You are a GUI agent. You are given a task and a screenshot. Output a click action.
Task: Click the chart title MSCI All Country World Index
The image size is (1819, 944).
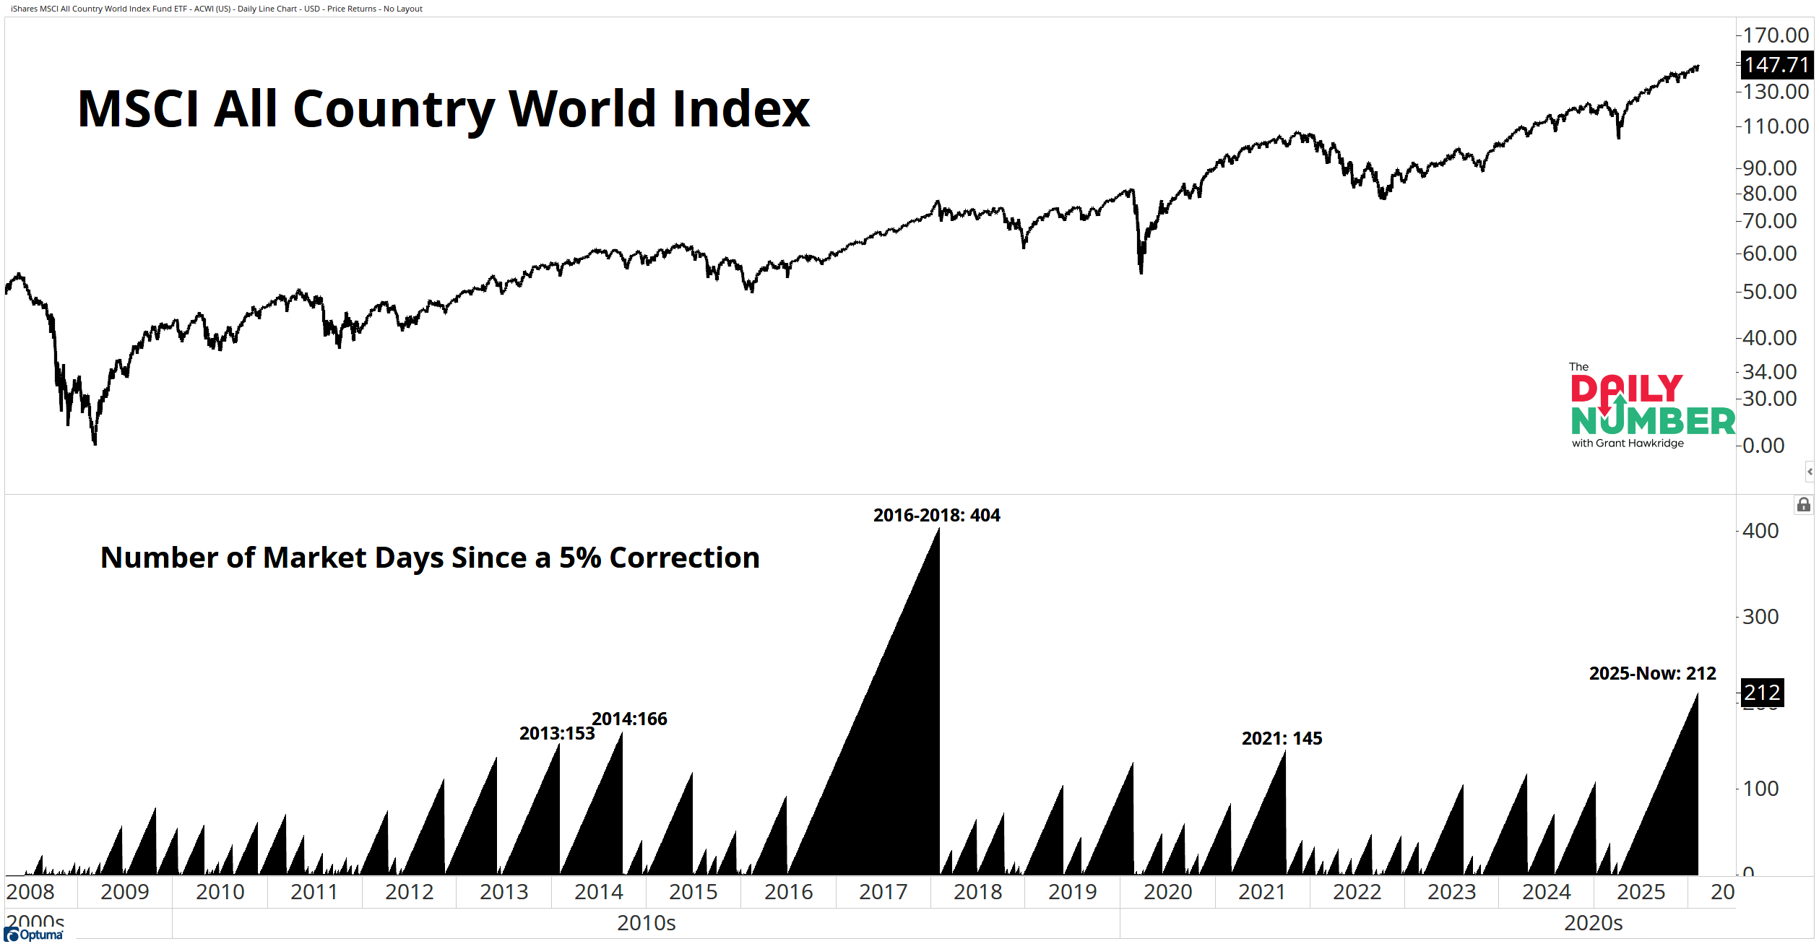pos(443,109)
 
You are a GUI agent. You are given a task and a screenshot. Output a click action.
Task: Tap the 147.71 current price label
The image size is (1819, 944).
pos(1776,65)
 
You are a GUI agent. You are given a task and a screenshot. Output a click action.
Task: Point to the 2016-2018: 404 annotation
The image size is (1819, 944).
pos(936,515)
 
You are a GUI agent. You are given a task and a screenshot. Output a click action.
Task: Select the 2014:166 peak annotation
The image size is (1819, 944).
pos(629,719)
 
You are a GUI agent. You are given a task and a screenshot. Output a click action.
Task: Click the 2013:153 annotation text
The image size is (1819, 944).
pos(557,733)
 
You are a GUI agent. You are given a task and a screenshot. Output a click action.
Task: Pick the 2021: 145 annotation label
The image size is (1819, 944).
pos(1282,738)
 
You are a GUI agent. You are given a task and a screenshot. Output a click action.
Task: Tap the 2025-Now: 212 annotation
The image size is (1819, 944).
pos(1652,673)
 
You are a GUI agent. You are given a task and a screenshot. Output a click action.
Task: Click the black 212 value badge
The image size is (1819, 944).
pos(1762,693)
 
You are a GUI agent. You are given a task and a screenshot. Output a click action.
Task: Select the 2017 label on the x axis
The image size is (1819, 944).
pos(883,892)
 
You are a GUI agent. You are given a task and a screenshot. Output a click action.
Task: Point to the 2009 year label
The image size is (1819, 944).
pos(124,892)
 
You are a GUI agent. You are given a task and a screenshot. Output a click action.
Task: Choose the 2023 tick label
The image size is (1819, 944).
pos(1451,892)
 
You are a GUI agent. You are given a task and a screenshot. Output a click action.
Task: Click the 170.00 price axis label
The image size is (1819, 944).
pos(1775,35)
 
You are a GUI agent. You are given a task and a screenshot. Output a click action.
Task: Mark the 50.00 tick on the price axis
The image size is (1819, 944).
pos(1768,292)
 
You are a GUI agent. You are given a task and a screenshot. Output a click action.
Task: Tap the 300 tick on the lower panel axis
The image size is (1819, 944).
pos(1760,617)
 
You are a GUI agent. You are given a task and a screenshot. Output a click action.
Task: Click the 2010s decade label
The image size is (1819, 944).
pos(646,923)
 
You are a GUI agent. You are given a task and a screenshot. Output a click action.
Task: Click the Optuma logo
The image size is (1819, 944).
pos(34,935)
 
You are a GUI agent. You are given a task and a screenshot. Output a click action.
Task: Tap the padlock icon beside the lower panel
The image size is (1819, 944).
pos(1803,504)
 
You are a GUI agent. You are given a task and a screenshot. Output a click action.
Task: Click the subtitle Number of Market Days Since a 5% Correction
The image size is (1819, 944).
pos(430,558)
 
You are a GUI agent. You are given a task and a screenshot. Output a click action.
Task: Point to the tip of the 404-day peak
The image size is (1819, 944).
pos(938,529)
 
